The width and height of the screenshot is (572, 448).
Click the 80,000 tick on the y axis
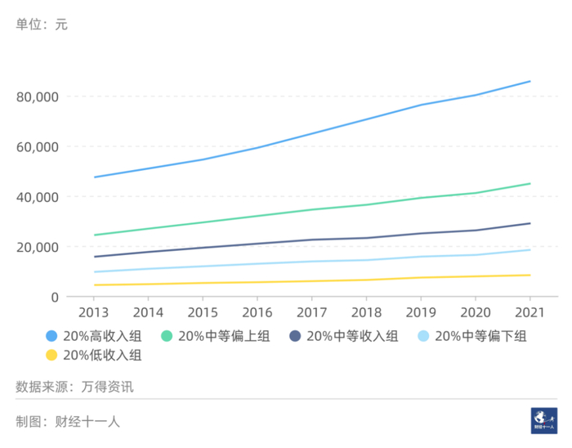(37, 97)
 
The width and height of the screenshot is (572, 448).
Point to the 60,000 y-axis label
(37, 147)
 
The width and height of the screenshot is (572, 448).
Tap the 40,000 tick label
(37, 197)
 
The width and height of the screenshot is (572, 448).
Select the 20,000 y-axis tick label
(37, 247)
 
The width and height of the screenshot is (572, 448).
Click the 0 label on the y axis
(54, 298)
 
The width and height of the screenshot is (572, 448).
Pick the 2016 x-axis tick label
(257, 312)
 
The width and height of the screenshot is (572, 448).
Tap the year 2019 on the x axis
(421, 312)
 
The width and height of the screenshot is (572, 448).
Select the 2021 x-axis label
(530, 312)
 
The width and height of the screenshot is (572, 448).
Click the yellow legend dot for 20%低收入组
(52, 355)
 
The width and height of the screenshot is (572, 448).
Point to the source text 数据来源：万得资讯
(74, 387)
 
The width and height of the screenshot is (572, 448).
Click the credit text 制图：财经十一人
(68, 422)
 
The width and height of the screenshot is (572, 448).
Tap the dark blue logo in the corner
(543, 419)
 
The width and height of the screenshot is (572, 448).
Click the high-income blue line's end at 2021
(530, 81)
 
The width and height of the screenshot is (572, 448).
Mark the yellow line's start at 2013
(95, 285)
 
